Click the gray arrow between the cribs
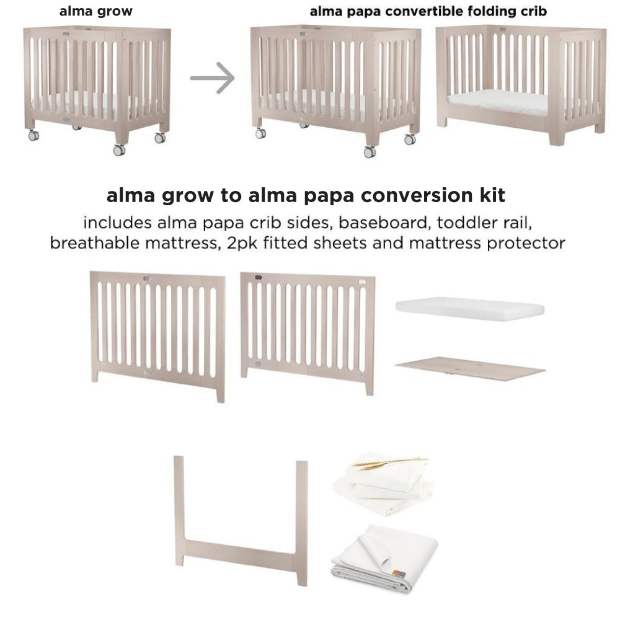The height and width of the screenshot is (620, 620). point(212,79)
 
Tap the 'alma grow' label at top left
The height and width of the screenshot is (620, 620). point(95,11)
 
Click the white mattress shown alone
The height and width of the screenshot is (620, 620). point(469,308)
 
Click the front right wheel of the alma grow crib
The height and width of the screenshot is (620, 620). point(118,149)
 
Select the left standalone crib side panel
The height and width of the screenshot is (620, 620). point(157,332)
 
